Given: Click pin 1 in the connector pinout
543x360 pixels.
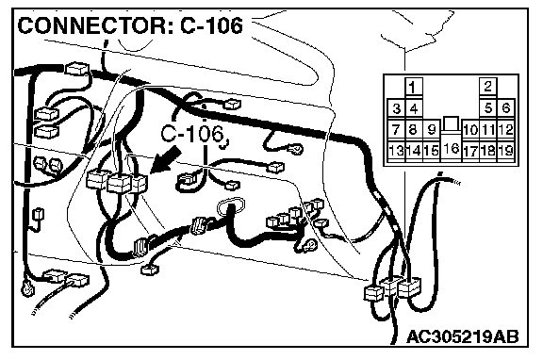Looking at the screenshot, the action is coord(414,87).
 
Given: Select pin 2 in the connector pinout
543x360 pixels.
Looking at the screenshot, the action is coord(488,86).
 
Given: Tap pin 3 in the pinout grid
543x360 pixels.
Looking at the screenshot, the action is coord(396,108).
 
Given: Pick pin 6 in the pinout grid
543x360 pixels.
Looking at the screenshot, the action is coord(506,108).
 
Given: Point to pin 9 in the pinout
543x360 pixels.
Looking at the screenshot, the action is coord(432,130).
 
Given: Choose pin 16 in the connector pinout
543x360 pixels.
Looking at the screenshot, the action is coord(451,149).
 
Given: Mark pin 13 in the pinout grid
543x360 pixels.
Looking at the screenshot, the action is coord(396,151).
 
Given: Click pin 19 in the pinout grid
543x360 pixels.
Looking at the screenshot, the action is coord(506,151).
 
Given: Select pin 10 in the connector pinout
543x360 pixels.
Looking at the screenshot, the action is coord(470,130).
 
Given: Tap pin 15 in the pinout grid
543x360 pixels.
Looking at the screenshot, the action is coord(432,151).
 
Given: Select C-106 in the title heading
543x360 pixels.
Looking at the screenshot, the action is coord(211,25).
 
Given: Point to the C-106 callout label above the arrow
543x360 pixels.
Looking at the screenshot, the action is coord(192,133).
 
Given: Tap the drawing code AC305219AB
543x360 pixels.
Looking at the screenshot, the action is coord(463,336).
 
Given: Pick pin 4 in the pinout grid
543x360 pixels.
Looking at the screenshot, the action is coord(414,108).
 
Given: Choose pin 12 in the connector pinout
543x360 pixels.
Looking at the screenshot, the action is coord(506,130).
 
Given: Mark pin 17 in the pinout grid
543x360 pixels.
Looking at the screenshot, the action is coord(470,151).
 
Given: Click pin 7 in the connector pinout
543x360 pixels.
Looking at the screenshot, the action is coord(396,130).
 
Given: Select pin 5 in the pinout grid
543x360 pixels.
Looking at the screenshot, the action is coord(488,108).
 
